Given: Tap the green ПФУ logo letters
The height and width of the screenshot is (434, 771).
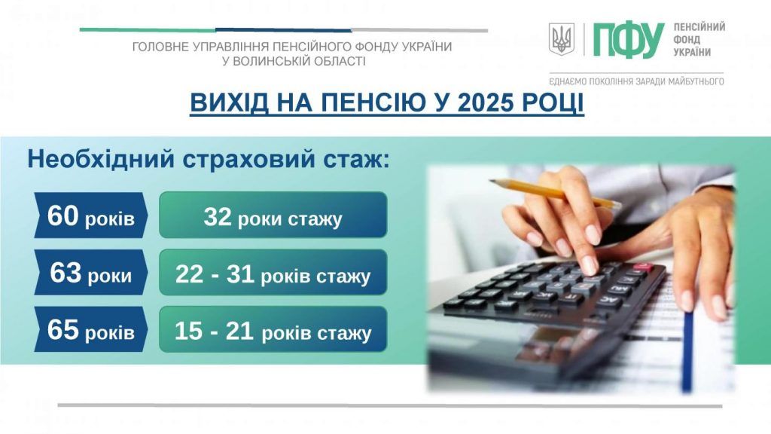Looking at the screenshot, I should click(x=629, y=40).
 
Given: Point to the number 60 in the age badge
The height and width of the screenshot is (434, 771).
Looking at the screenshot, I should click(x=62, y=216).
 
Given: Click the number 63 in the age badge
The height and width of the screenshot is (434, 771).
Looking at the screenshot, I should click(x=66, y=274).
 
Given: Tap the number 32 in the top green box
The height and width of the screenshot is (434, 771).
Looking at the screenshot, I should click(x=218, y=217).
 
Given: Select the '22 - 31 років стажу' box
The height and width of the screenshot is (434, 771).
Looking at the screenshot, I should click(x=273, y=274).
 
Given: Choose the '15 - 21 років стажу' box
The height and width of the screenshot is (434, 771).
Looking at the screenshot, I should click(x=273, y=331).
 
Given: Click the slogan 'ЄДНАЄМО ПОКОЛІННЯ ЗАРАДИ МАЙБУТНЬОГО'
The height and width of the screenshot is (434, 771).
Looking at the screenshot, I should click(x=636, y=81).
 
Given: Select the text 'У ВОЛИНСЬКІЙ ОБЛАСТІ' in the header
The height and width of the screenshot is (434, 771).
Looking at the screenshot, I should click(x=294, y=61).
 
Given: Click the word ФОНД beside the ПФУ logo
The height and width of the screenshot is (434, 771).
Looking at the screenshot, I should click(x=687, y=39).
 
